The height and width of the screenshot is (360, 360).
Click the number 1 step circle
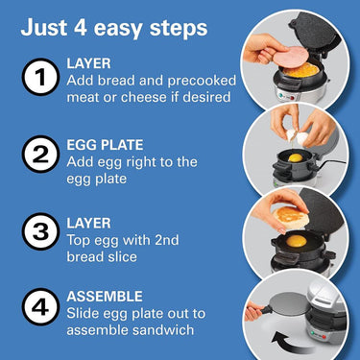pyautogui.click(x=40, y=77)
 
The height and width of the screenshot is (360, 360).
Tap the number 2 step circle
pyautogui.click(x=40, y=155)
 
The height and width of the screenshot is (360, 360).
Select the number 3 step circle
pyautogui.click(x=40, y=231)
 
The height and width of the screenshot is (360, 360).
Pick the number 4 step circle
pyautogui.click(x=40, y=306)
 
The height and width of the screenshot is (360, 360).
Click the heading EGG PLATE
pyautogui.click(x=105, y=145)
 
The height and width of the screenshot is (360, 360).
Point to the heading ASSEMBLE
pyautogui.click(x=105, y=297)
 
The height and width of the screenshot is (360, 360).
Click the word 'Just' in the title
pyautogui.click(x=44, y=28)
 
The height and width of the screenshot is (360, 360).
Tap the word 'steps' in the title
pyautogui.click(x=179, y=29)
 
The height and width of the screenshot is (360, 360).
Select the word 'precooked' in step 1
pyautogui.click(x=202, y=81)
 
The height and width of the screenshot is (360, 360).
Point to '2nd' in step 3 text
pyautogui.click(x=166, y=240)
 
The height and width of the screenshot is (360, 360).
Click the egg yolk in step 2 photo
pyautogui.click(x=296, y=157)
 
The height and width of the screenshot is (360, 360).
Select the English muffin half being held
pyautogui.click(x=291, y=217)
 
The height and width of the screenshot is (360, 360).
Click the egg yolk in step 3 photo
pyautogui.click(x=296, y=241)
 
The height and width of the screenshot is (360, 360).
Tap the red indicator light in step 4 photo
pyautogui.click(x=324, y=337)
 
